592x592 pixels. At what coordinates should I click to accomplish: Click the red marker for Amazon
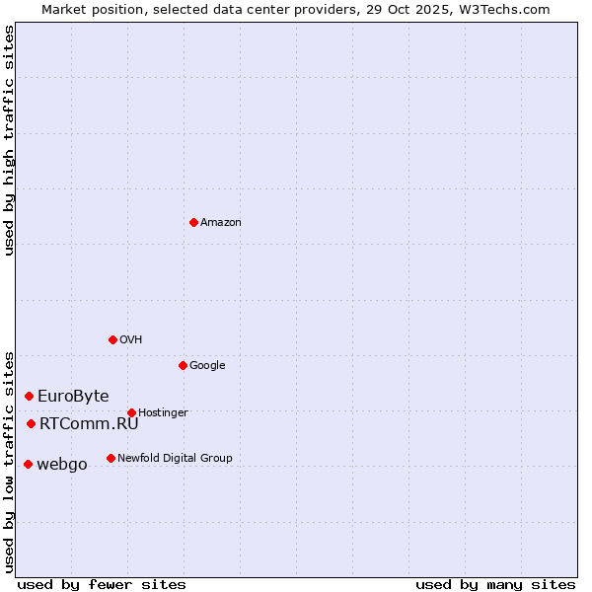click(x=193, y=222)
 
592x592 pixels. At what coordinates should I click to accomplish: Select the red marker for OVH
click(x=112, y=339)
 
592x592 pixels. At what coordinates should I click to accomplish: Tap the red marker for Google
click(x=183, y=365)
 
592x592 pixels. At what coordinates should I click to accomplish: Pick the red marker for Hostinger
click(x=131, y=412)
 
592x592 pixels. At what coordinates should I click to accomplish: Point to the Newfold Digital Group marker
click(x=111, y=458)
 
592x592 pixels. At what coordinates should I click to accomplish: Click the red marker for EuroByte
click(x=29, y=396)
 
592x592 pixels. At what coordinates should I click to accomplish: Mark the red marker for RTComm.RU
click(x=31, y=423)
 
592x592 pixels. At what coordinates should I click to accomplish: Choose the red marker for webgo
click(x=28, y=464)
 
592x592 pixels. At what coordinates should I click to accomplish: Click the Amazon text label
click(x=221, y=223)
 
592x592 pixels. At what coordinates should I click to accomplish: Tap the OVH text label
click(x=131, y=340)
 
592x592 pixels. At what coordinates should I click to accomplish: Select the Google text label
click(x=207, y=366)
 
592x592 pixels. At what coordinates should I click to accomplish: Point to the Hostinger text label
click(x=163, y=413)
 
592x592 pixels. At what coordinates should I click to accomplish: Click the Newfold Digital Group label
click(x=175, y=459)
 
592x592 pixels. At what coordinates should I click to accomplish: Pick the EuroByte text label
click(x=73, y=397)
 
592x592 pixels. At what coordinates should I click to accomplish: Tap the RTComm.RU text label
click(x=89, y=424)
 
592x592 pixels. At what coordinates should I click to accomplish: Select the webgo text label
click(x=61, y=465)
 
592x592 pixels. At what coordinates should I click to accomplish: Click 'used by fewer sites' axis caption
click(x=102, y=584)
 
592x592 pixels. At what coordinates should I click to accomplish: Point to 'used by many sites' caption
click(x=495, y=584)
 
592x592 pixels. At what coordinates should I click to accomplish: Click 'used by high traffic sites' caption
click(x=9, y=140)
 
